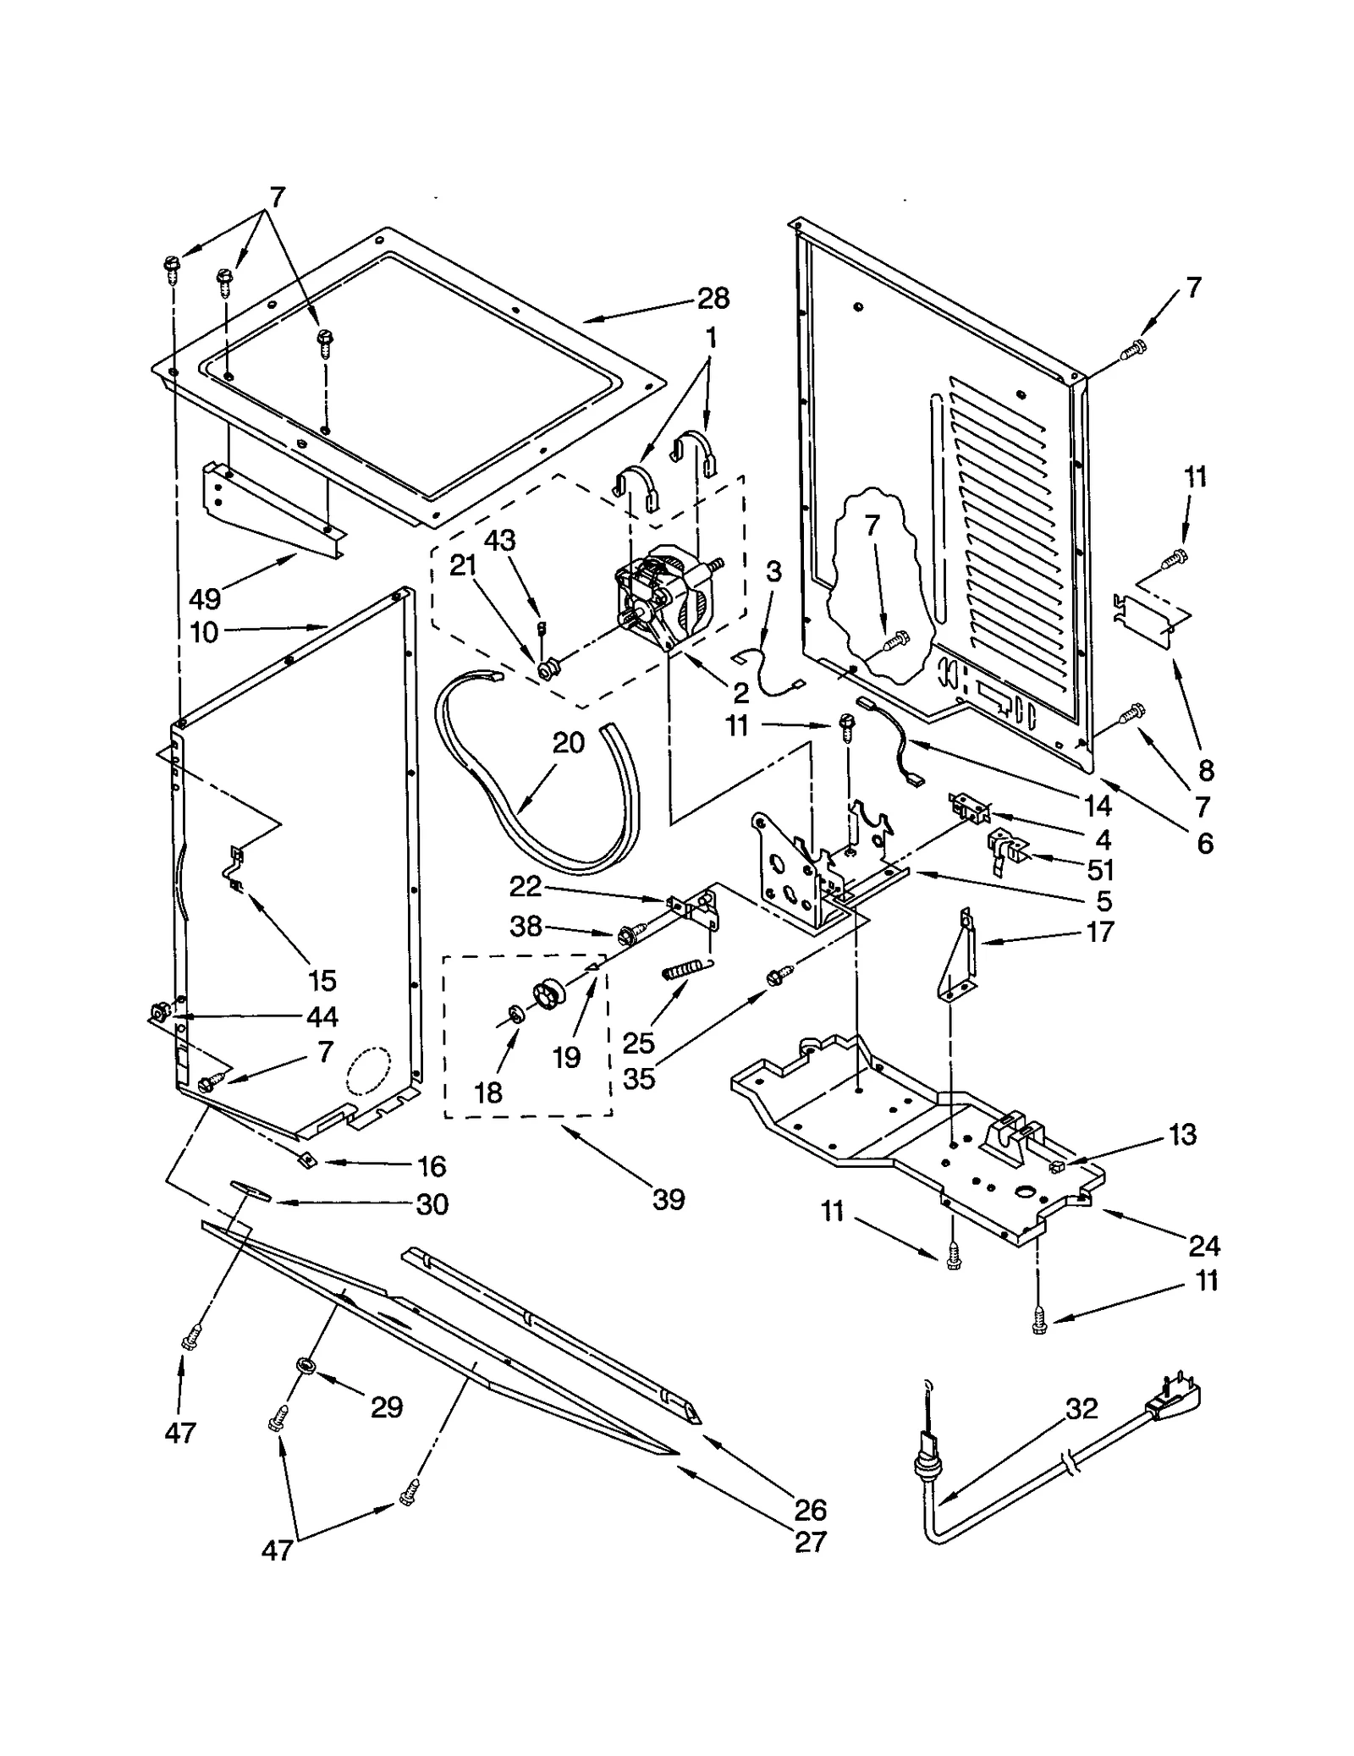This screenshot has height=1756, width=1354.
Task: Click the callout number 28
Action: click(x=713, y=298)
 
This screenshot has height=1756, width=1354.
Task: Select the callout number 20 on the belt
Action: click(x=569, y=742)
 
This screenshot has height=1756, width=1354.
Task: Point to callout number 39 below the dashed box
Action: click(x=669, y=1199)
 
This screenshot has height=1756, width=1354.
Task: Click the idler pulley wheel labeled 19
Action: click(x=553, y=992)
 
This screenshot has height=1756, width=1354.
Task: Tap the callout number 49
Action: click(x=205, y=598)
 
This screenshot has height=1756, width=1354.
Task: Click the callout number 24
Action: click(x=1204, y=1245)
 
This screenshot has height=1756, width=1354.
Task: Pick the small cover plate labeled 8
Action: click(x=1154, y=615)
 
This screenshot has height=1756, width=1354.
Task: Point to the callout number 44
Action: click(x=322, y=1016)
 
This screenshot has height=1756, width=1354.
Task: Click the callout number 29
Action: click(x=387, y=1407)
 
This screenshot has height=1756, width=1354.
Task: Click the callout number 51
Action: click(x=1101, y=870)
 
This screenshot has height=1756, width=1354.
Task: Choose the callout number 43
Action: click(x=499, y=540)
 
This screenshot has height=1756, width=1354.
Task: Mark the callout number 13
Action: click(x=1182, y=1134)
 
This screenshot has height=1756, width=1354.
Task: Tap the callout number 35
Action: click(x=639, y=1079)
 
